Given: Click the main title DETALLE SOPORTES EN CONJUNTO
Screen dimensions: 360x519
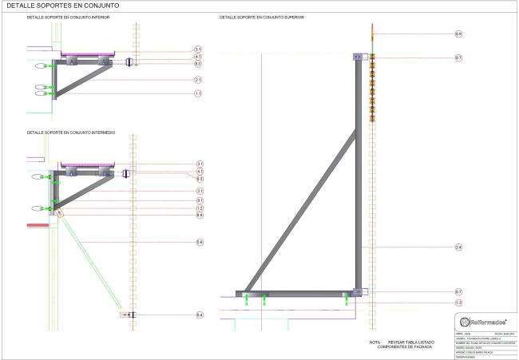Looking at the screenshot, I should pyautogui.click(x=46, y=6).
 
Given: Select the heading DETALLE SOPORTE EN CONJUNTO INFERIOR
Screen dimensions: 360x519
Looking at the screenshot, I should pyautogui.click(x=69, y=17).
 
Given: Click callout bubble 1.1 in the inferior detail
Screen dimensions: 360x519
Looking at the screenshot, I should pyautogui.click(x=197, y=93).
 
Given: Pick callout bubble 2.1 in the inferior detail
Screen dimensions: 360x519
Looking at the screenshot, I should pyautogui.click(x=197, y=81).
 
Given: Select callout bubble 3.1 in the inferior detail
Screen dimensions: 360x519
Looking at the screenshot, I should pyautogui.click(x=197, y=49).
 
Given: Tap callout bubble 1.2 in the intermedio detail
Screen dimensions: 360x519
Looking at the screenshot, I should pyautogui.click(x=199, y=208).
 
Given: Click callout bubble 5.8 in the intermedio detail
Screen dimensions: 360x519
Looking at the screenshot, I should pyautogui.click(x=199, y=242).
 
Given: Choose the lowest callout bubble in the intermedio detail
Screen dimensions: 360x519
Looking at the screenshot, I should pyautogui.click(x=199, y=316).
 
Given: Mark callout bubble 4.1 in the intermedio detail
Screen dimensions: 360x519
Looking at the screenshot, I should pyautogui.click(x=199, y=172).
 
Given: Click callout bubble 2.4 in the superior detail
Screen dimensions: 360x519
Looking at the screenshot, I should pyautogui.click(x=458, y=248).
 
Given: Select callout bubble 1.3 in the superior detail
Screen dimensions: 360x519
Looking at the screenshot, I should pyautogui.click(x=458, y=303).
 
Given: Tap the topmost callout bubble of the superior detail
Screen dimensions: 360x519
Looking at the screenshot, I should pyautogui.click(x=458, y=34).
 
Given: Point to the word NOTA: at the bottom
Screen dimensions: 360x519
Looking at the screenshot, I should pyautogui.click(x=375, y=342).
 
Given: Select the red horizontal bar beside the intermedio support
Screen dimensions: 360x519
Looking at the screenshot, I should pyautogui.click(x=38, y=225).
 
